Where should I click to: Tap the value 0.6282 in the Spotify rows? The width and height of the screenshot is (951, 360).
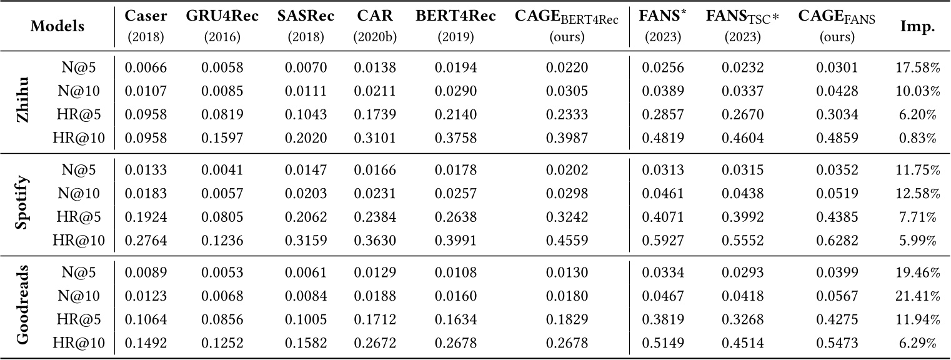(x=837, y=239)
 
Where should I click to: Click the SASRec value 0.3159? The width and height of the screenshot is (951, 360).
(x=306, y=239)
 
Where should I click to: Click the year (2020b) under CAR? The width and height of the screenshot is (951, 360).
(x=374, y=37)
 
